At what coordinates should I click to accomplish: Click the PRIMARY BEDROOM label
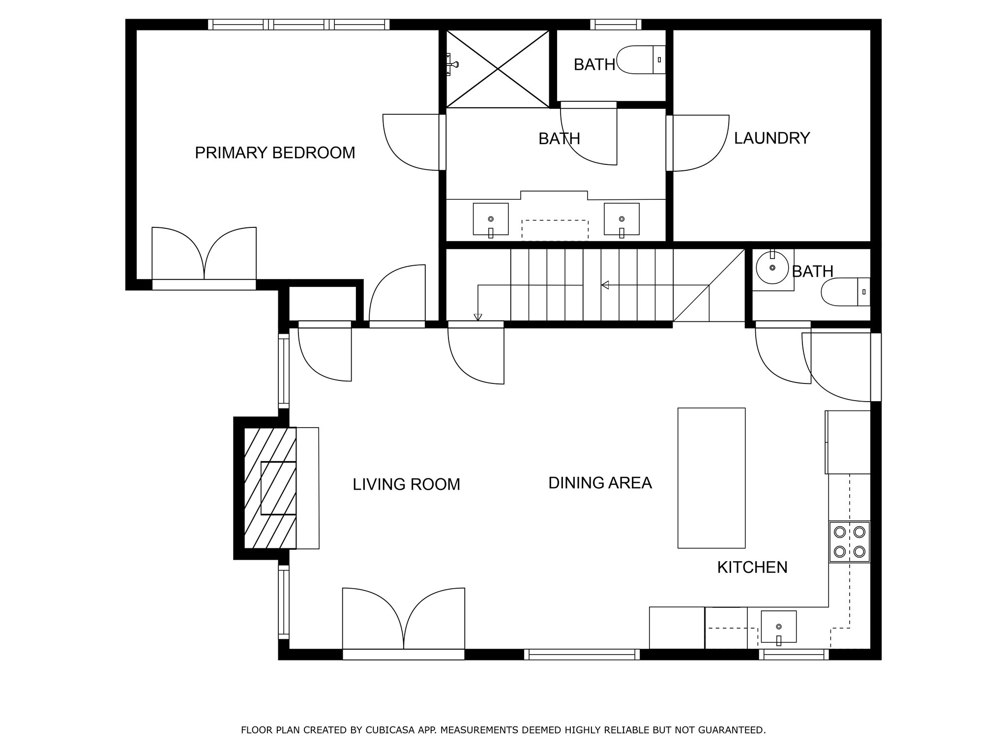tap(275, 153)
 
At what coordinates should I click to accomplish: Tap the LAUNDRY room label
tap(772, 138)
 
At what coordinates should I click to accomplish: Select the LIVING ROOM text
tap(407, 484)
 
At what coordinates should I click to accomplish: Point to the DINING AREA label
tap(600, 483)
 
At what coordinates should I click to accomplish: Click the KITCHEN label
tap(752, 567)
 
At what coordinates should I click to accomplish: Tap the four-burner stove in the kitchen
tap(849, 541)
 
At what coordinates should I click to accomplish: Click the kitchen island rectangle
tap(711, 478)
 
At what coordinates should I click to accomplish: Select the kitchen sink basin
tap(778, 628)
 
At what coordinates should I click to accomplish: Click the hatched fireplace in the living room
tap(270, 488)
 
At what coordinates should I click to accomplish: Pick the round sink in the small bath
tap(772, 268)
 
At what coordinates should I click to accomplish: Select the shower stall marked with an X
tap(498, 69)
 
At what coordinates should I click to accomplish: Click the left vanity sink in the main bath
tap(491, 220)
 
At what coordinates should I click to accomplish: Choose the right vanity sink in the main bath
tap(622, 220)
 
